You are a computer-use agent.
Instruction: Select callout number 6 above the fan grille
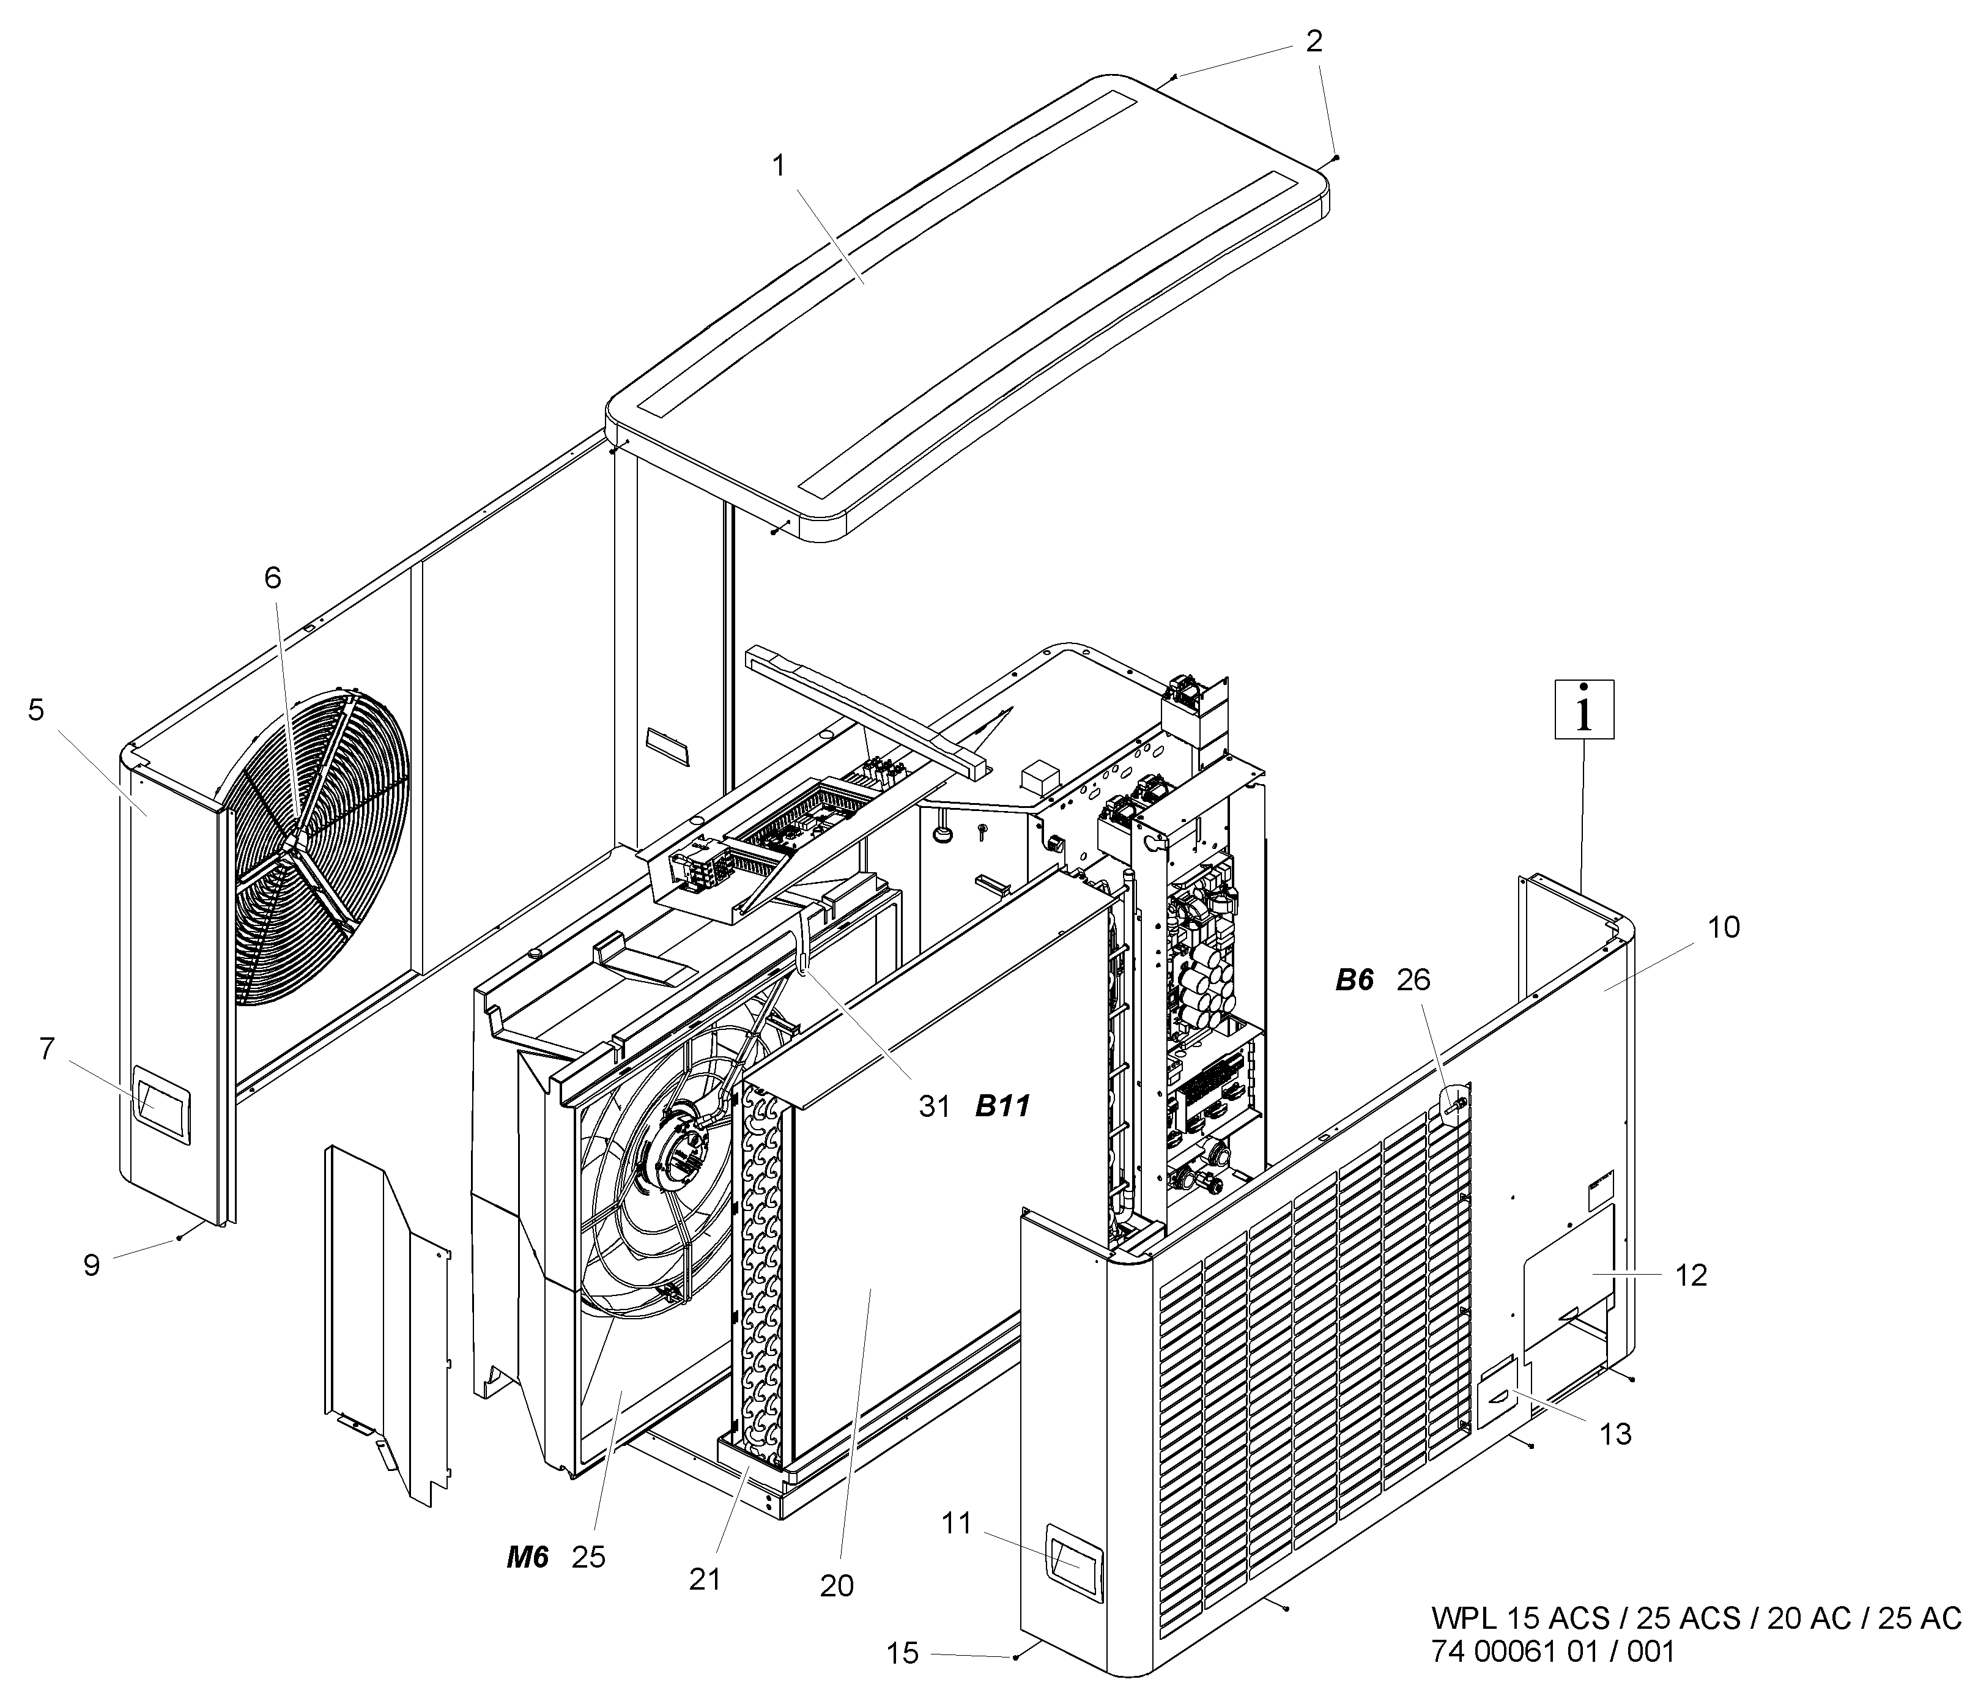coord(273,578)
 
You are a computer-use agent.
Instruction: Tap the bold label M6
coord(527,1557)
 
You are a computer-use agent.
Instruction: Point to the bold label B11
coord(1002,1106)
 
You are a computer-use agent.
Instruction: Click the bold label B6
coord(1354,980)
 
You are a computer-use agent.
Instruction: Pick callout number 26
coord(1414,980)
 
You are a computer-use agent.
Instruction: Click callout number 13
coord(1615,1434)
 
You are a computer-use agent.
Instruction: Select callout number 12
coord(1691,1276)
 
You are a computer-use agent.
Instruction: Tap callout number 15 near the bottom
coord(902,1653)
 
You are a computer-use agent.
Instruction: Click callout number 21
coord(705,1579)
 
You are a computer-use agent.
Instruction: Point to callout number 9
coord(92,1266)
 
